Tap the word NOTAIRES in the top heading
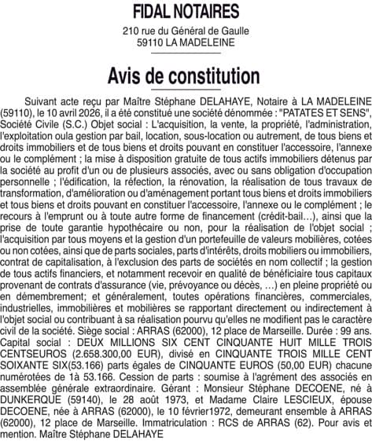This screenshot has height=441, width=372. click(207, 12)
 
